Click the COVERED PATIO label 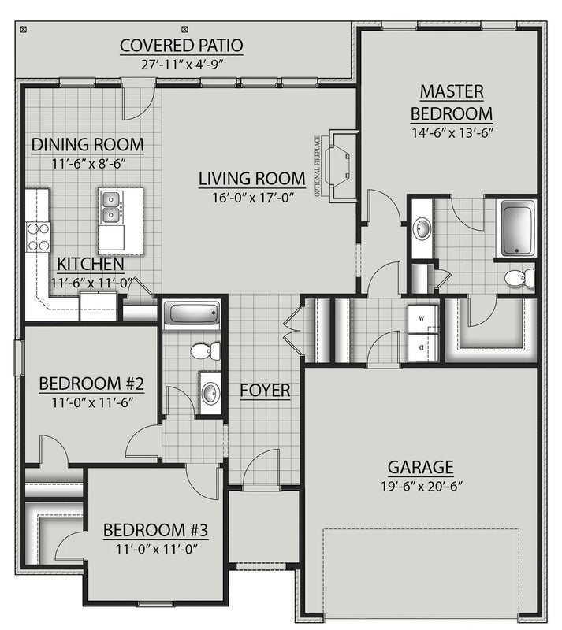[x=181, y=46]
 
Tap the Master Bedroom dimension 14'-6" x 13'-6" [x=452, y=132]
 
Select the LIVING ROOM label [x=252, y=179]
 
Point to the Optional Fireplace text [x=318, y=166]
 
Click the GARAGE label [x=421, y=467]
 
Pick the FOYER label [x=265, y=390]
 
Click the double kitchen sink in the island [x=111, y=207]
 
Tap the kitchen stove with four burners [x=38, y=237]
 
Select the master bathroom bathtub [x=518, y=228]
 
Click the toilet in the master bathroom [x=519, y=278]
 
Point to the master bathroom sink [x=422, y=229]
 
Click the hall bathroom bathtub [x=192, y=312]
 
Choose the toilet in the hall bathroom [x=205, y=350]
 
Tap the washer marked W [x=422, y=318]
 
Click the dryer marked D [x=422, y=346]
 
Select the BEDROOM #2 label [x=91, y=384]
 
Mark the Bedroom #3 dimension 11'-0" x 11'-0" [x=157, y=549]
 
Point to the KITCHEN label [x=91, y=264]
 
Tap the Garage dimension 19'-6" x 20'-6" [x=422, y=487]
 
